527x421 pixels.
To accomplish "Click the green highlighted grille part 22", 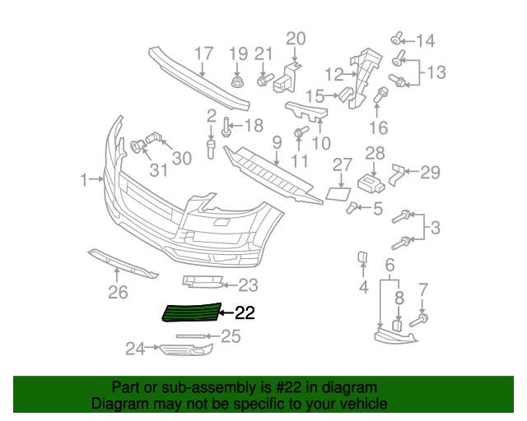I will tap(192, 312).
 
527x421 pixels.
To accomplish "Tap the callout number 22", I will tap(245, 312).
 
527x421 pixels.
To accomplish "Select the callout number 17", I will tap(203, 54).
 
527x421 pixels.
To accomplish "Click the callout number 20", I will tap(295, 38).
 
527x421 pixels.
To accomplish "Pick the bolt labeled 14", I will tap(397, 38).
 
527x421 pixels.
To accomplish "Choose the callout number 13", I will tap(436, 72).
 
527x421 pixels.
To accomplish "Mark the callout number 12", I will tap(333, 75).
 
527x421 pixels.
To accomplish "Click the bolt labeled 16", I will tap(381, 95).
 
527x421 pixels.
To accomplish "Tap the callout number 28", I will tap(375, 152).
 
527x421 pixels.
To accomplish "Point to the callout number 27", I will tap(342, 166).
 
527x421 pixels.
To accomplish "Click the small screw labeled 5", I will tap(352, 207).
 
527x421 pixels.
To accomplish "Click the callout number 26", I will tap(119, 292).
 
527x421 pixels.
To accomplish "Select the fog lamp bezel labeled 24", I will tap(184, 352).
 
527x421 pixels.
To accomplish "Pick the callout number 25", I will tap(231, 335).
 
